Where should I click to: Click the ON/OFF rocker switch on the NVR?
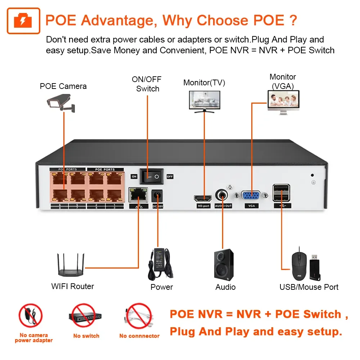point(152,176)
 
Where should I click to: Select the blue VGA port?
point(251,195)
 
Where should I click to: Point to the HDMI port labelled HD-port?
point(203,198)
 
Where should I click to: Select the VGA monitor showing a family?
point(283,102)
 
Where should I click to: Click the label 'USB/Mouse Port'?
point(309,287)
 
